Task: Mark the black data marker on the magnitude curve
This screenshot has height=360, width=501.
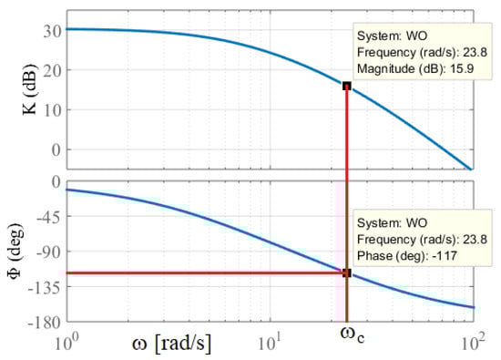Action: pyautogui.click(x=347, y=86)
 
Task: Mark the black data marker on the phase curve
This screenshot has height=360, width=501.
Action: pyautogui.click(x=347, y=273)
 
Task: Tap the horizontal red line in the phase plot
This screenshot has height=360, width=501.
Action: pyautogui.click(x=200, y=273)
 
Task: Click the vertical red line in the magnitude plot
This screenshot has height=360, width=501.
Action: pyautogui.click(x=347, y=128)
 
